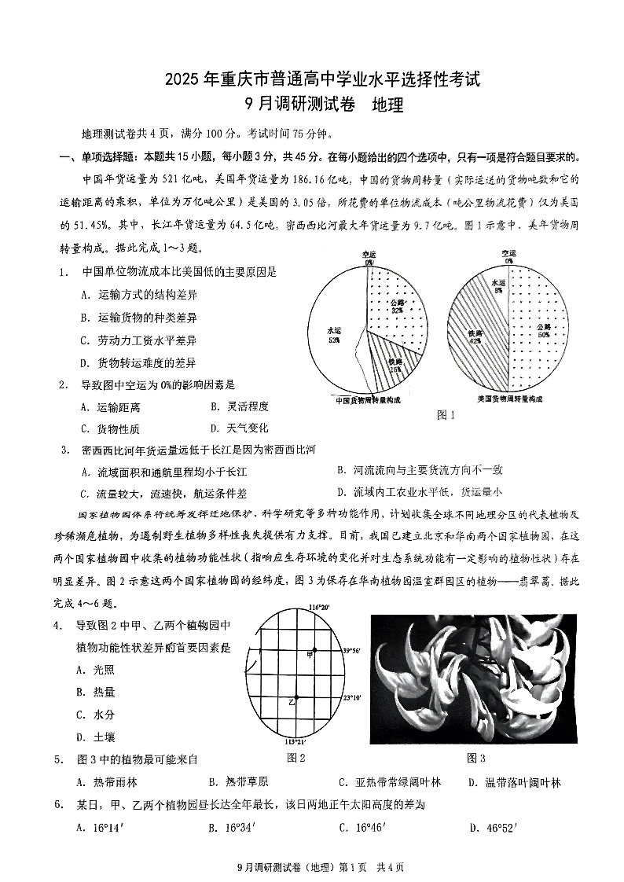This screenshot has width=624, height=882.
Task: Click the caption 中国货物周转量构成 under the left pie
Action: click(367, 399)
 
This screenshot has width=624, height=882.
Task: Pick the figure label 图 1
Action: click(446, 414)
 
